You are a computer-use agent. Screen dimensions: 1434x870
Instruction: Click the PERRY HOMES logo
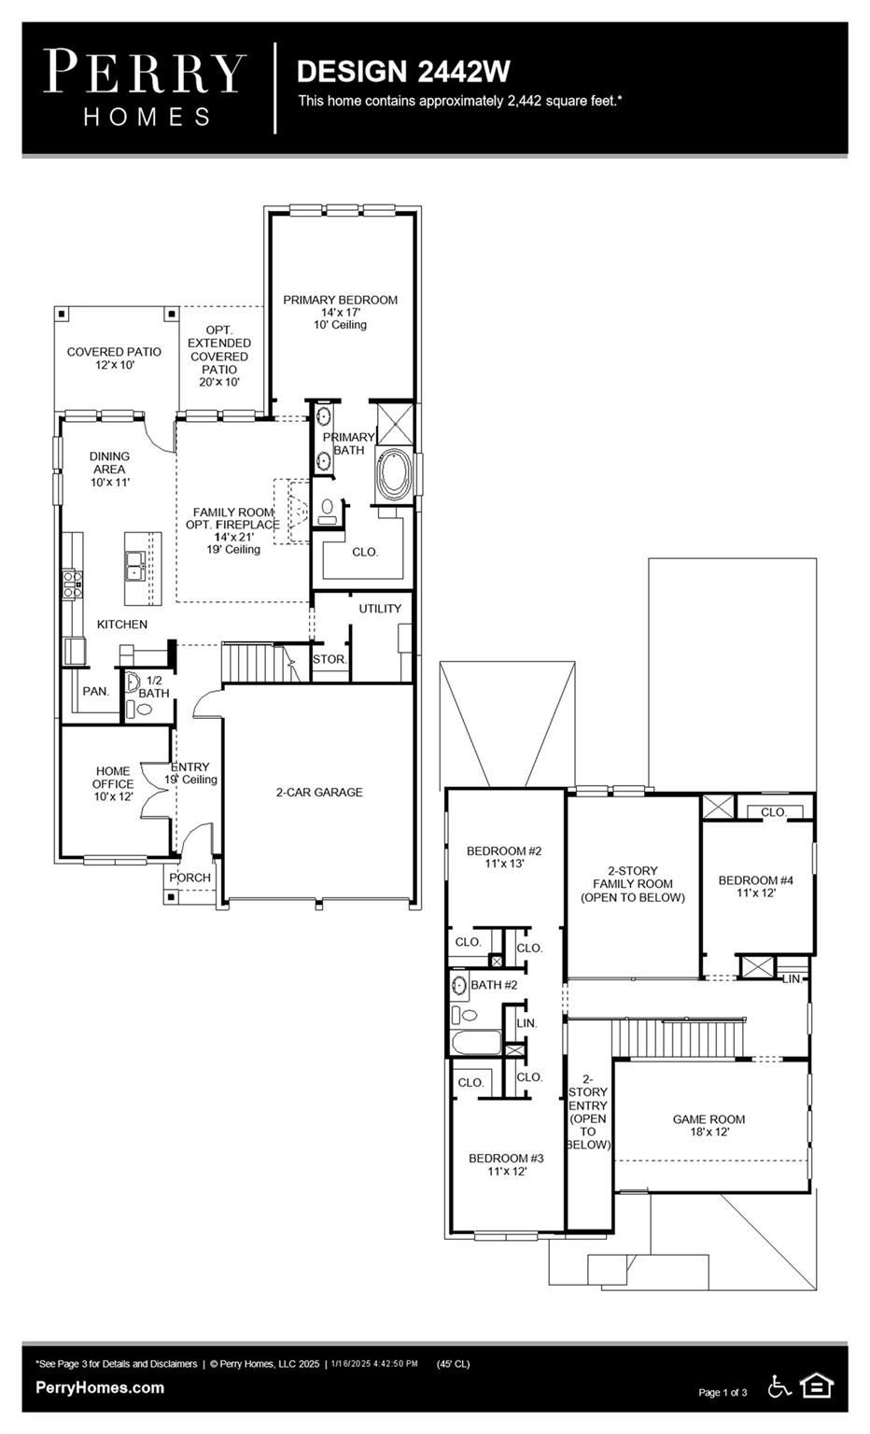pyautogui.click(x=145, y=87)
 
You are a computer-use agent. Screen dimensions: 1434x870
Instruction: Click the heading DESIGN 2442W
pyautogui.click(x=403, y=72)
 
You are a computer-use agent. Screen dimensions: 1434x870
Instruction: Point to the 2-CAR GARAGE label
pyautogui.click(x=319, y=793)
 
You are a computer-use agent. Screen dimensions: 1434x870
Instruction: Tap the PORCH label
pyautogui.click(x=189, y=878)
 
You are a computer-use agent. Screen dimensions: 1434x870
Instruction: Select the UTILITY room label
pyautogui.click(x=380, y=609)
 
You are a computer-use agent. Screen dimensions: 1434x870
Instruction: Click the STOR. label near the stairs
pyautogui.click(x=330, y=659)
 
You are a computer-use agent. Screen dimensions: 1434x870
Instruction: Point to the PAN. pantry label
pyautogui.click(x=95, y=692)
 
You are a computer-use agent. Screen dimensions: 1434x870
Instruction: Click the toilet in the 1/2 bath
pyautogui.click(x=145, y=710)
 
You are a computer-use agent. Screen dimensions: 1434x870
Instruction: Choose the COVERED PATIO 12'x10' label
pyautogui.click(x=114, y=358)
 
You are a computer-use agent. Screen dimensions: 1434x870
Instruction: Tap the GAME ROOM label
pyautogui.click(x=709, y=1125)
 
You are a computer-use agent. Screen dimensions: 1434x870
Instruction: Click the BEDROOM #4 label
pyautogui.click(x=755, y=886)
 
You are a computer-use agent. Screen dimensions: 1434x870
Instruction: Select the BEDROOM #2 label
pyautogui.click(x=504, y=857)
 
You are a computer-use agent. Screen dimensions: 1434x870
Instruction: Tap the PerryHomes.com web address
pyautogui.click(x=100, y=1387)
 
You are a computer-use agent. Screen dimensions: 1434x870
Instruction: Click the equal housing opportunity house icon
pyautogui.click(x=817, y=1386)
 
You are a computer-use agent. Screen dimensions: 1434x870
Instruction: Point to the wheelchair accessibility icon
pyautogui.click(x=779, y=1387)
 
